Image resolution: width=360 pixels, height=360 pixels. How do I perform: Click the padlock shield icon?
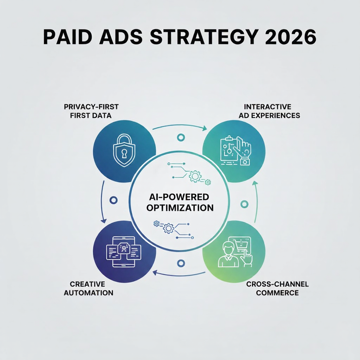point(124,150)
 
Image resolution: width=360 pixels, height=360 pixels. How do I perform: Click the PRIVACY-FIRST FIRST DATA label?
point(91,111)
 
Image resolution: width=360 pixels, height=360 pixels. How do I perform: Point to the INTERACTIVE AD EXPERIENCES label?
point(269,111)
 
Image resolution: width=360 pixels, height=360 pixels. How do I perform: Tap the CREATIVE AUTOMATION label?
point(88,288)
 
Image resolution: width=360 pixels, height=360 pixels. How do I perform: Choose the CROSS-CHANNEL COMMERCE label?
point(277,288)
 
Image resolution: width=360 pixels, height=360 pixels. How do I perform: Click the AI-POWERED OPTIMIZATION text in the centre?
point(180,202)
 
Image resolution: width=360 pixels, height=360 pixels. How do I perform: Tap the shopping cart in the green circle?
point(242,243)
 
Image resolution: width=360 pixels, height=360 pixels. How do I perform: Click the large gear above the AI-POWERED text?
point(195,176)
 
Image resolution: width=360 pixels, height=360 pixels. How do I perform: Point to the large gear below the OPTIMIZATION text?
point(169,228)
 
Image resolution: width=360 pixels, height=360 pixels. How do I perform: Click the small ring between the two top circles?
point(181,138)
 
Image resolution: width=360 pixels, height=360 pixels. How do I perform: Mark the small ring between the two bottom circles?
point(181,263)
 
